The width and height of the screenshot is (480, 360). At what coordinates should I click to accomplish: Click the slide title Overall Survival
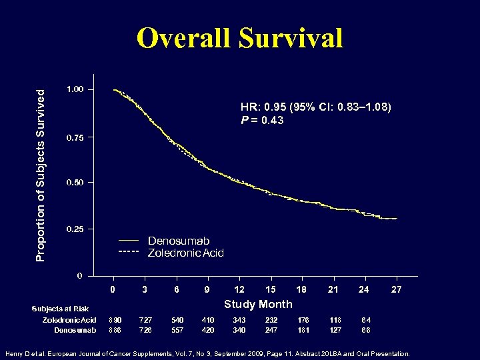click(x=240, y=38)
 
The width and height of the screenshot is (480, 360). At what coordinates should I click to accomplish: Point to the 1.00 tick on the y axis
click(x=75, y=89)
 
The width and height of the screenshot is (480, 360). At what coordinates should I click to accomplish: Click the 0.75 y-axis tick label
click(x=75, y=138)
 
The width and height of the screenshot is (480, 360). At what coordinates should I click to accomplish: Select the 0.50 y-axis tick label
click(x=75, y=183)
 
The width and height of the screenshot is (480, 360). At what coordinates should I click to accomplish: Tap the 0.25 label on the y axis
click(x=75, y=229)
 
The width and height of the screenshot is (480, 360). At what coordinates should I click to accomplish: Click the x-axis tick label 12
click(x=239, y=289)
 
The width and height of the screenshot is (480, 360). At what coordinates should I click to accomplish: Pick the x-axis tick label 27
click(x=396, y=289)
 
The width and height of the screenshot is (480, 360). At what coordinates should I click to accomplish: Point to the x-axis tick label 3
click(x=145, y=289)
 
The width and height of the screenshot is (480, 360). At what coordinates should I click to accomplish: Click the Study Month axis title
click(x=258, y=304)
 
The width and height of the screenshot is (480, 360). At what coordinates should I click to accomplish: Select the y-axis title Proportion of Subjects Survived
click(x=40, y=167)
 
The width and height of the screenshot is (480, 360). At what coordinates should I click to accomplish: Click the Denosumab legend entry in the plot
click(x=179, y=241)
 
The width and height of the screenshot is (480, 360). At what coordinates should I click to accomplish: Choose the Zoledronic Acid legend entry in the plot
click(x=185, y=253)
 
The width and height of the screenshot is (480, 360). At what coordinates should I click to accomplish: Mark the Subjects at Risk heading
click(x=60, y=309)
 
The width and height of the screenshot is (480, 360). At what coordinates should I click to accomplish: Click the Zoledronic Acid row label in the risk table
click(x=65, y=320)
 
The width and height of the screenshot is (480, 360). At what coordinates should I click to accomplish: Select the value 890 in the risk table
click(x=115, y=320)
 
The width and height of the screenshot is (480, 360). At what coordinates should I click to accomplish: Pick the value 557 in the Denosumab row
click(x=177, y=330)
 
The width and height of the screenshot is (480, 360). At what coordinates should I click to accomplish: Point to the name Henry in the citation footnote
click(x=15, y=353)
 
